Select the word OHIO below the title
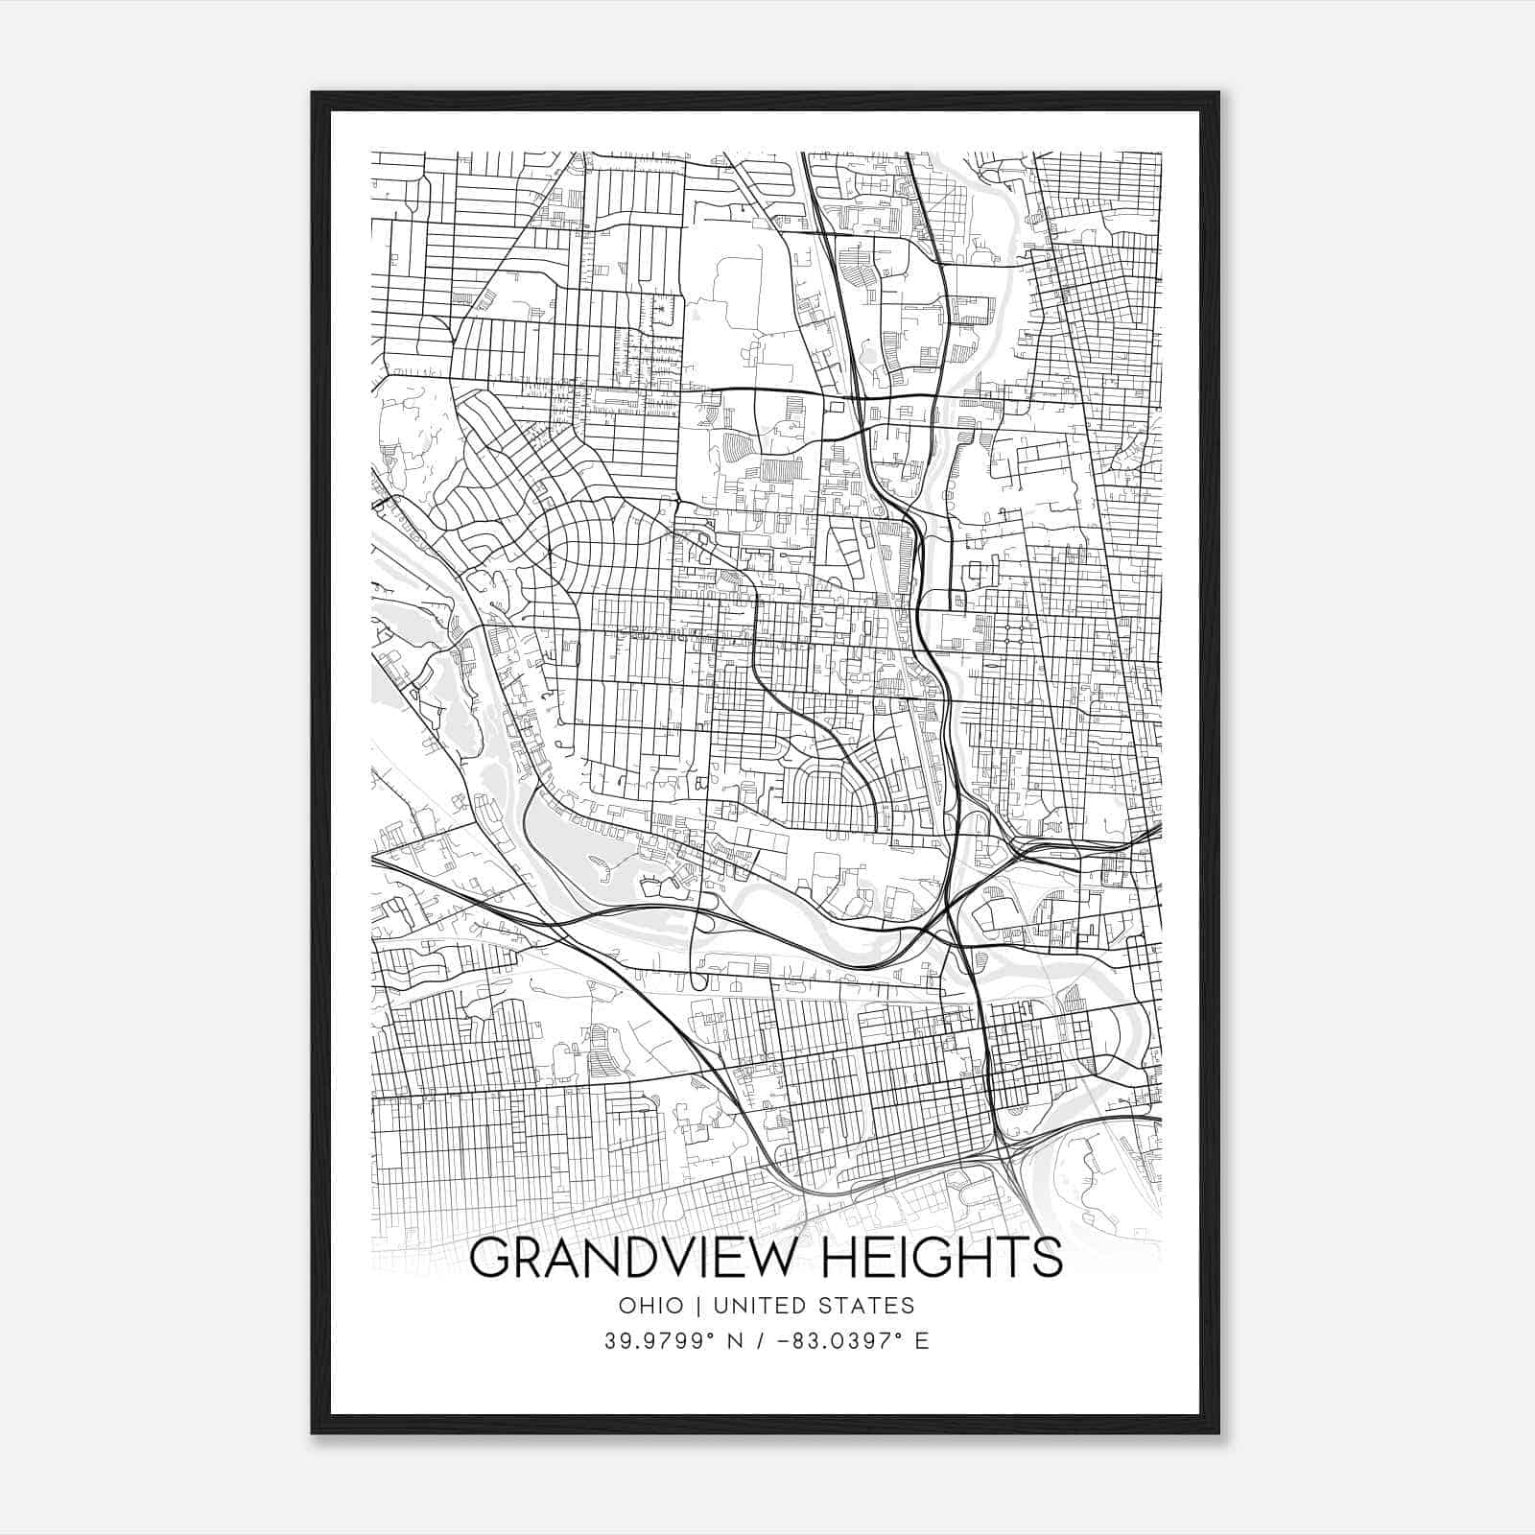click(x=651, y=1306)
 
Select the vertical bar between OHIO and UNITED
click(x=698, y=1306)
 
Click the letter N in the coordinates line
click(x=734, y=1341)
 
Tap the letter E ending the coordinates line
click(x=922, y=1341)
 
